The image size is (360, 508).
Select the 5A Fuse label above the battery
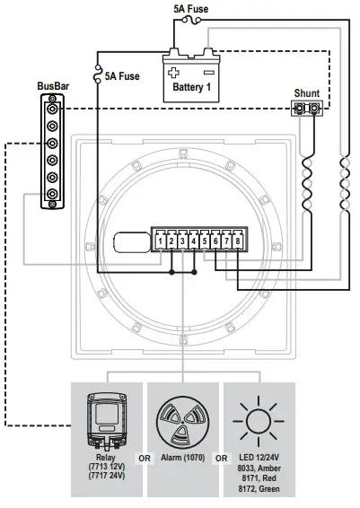pos(192,8)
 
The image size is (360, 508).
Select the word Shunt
pos(307,92)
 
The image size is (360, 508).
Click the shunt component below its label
pos(307,110)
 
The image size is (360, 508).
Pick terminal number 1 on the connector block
pos(159,241)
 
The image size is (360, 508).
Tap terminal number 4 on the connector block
pos(194,241)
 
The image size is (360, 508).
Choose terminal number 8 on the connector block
pos(238,241)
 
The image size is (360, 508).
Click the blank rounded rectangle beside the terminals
pos(134,241)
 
